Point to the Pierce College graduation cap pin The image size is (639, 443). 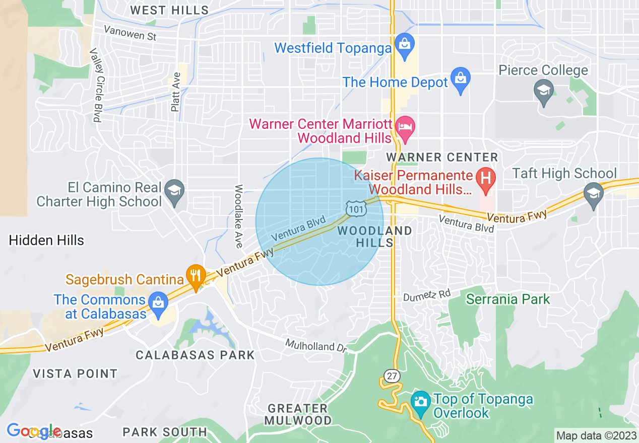click(x=544, y=92)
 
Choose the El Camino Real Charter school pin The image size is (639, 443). click(x=174, y=191)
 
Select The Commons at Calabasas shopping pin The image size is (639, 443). click(x=158, y=303)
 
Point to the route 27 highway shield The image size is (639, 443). click(x=391, y=376)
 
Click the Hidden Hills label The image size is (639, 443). click(x=46, y=240)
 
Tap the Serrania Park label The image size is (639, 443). click(x=507, y=299)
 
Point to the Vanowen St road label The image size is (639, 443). click(x=130, y=33)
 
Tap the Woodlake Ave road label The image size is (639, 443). click(x=239, y=216)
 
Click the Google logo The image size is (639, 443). click(x=33, y=431)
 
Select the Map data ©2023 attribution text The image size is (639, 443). click(x=595, y=435)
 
